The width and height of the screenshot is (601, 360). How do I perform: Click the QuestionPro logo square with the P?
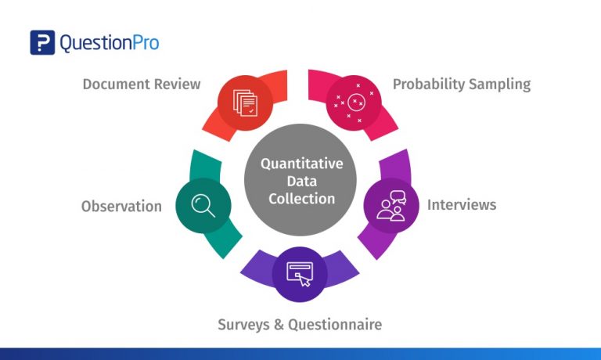(42, 42)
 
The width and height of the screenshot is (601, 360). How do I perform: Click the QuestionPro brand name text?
(110, 43)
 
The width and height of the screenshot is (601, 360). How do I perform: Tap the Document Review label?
(142, 84)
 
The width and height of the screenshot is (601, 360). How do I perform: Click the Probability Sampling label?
(461, 84)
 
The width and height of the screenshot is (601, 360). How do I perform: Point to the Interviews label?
(461, 204)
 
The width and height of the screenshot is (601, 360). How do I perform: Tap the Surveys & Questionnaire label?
(300, 323)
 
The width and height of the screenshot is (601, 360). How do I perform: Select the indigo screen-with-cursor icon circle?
(300, 272)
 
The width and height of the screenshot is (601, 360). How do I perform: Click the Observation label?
(121, 207)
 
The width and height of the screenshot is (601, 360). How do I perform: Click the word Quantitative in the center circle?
(301, 164)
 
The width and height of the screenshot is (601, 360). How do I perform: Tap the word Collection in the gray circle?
(301, 199)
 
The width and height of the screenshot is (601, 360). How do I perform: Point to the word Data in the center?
(301, 182)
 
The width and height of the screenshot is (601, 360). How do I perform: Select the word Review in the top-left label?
(178, 84)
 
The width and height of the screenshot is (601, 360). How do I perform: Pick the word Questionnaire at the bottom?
(336, 323)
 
